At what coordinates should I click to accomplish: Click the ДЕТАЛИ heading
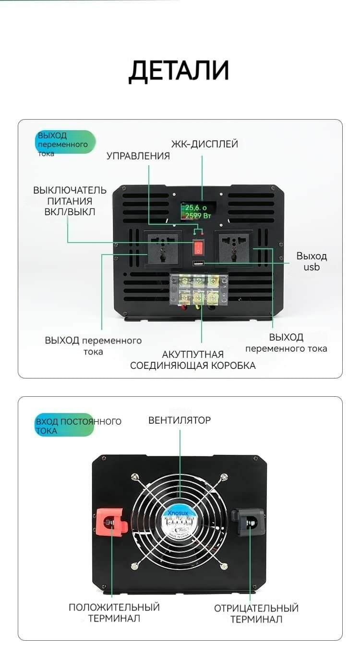click(x=179, y=71)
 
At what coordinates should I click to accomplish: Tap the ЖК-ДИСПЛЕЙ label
click(x=204, y=144)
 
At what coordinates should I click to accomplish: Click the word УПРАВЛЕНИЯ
click(x=138, y=156)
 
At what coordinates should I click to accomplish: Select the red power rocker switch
click(x=198, y=248)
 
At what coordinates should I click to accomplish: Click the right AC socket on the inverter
click(x=234, y=248)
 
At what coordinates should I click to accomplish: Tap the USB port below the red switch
click(x=198, y=263)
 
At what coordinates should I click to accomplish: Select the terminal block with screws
click(x=198, y=289)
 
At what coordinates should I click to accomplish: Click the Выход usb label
click(x=311, y=261)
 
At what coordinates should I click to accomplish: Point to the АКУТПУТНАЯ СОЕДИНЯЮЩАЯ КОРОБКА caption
click(x=193, y=360)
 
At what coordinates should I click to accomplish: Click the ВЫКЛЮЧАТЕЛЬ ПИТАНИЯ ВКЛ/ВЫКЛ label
click(x=70, y=201)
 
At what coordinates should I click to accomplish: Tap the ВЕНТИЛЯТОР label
click(x=180, y=420)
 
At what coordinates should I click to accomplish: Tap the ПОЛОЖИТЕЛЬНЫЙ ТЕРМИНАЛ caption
click(x=114, y=613)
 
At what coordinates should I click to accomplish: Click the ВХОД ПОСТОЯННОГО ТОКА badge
click(x=65, y=426)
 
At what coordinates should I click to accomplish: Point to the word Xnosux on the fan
click(x=179, y=512)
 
